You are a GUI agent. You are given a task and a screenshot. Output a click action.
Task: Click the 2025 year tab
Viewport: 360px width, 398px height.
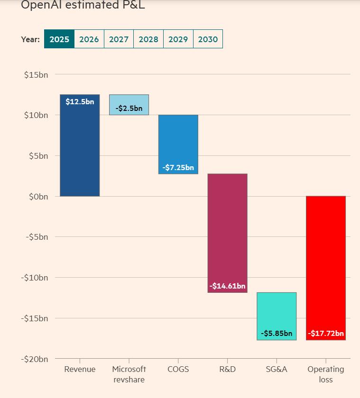[x=59, y=39]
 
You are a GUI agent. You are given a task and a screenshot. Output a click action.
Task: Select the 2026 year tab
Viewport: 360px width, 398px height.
[x=89, y=39]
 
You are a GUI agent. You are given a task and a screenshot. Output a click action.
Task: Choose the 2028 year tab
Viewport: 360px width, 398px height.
[x=148, y=39]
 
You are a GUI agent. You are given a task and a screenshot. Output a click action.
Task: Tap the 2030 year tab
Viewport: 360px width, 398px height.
[x=208, y=39]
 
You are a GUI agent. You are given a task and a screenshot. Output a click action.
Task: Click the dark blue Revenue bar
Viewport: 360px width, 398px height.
[x=80, y=152]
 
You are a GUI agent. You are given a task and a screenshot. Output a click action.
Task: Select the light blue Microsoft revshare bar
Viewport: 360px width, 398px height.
[x=129, y=99]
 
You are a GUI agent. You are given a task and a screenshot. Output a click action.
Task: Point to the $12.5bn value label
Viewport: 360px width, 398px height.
[x=80, y=102]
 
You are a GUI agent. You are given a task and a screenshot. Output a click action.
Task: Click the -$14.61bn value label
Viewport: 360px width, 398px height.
[x=228, y=286]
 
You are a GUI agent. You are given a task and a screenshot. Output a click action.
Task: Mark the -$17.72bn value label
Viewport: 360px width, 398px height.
[x=326, y=334]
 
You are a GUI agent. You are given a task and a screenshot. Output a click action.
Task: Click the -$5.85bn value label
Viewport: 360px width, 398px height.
[x=277, y=334]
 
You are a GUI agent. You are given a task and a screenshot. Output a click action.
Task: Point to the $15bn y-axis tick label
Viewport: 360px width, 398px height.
[x=36, y=75]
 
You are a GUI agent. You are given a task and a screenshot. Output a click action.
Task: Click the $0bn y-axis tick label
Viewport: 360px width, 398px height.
[x=37, y=197]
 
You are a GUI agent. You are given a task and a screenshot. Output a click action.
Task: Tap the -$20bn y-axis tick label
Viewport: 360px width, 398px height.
[x=35, y=359]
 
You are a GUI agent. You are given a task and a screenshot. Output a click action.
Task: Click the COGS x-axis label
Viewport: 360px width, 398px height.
[x=178, y=370]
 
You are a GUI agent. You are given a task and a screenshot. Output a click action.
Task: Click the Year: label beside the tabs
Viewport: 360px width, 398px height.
[x=30, y=39]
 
